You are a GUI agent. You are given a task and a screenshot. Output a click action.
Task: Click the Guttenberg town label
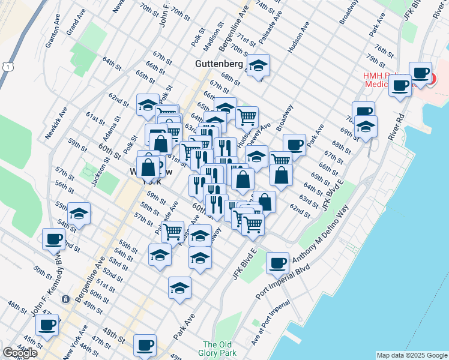coord(218,63)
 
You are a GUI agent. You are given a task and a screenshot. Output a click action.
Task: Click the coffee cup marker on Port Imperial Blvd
coord(277,262)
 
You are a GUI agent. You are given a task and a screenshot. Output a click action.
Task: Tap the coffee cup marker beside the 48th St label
coord(145,345)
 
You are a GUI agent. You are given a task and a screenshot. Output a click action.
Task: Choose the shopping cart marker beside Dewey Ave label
coord(247,116)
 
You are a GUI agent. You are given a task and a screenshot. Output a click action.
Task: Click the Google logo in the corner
coord(20,353)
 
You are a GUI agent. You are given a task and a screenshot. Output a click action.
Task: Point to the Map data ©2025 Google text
coord(412,355)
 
